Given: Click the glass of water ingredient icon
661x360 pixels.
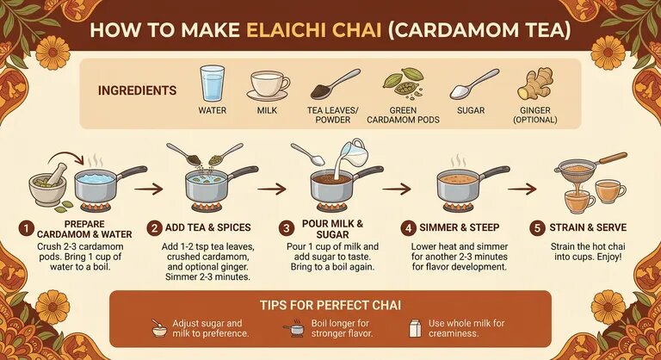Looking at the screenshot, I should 212,84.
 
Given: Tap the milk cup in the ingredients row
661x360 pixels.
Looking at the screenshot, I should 268,86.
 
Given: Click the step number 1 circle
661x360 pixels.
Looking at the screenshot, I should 27,228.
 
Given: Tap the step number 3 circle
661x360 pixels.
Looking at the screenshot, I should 287,228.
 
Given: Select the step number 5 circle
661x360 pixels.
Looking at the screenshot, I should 538,228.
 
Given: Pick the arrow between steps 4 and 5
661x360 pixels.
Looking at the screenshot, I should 522,187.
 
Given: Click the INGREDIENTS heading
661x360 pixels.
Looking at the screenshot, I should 138,90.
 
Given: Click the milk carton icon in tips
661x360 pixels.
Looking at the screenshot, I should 414,327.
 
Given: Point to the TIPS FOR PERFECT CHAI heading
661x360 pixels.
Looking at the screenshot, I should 330,306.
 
